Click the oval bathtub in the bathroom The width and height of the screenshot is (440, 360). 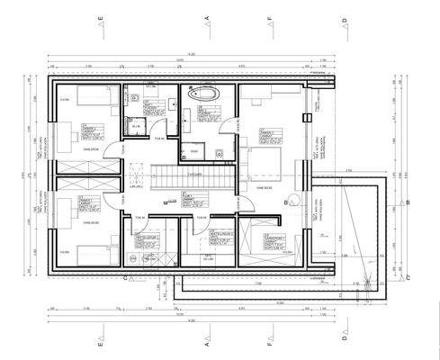[x=202, y=94]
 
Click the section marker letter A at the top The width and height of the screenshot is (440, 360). [x=207, y=18]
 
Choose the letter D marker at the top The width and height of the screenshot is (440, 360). [x=345, y=18]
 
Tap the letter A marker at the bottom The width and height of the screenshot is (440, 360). [x=207, y=343]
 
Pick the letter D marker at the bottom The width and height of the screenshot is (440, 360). [x=345, y=343]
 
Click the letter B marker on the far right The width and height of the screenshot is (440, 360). [x=408, y=202]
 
